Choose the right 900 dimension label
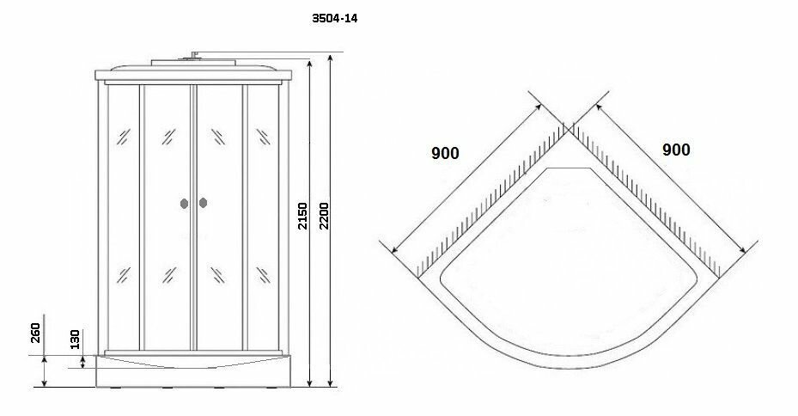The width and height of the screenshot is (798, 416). (676, 149)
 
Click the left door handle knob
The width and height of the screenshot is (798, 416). (184, 204)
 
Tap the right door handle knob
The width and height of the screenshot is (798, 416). (203, 204)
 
